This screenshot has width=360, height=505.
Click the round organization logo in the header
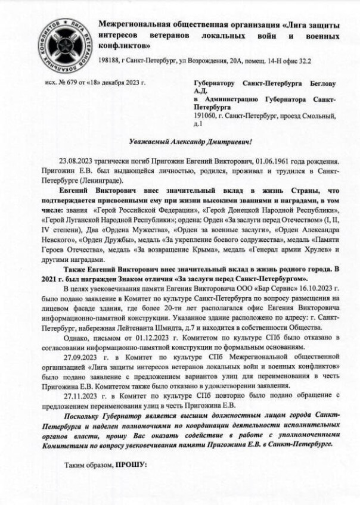[63, 43]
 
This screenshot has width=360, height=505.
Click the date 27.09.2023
[80, 357]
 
